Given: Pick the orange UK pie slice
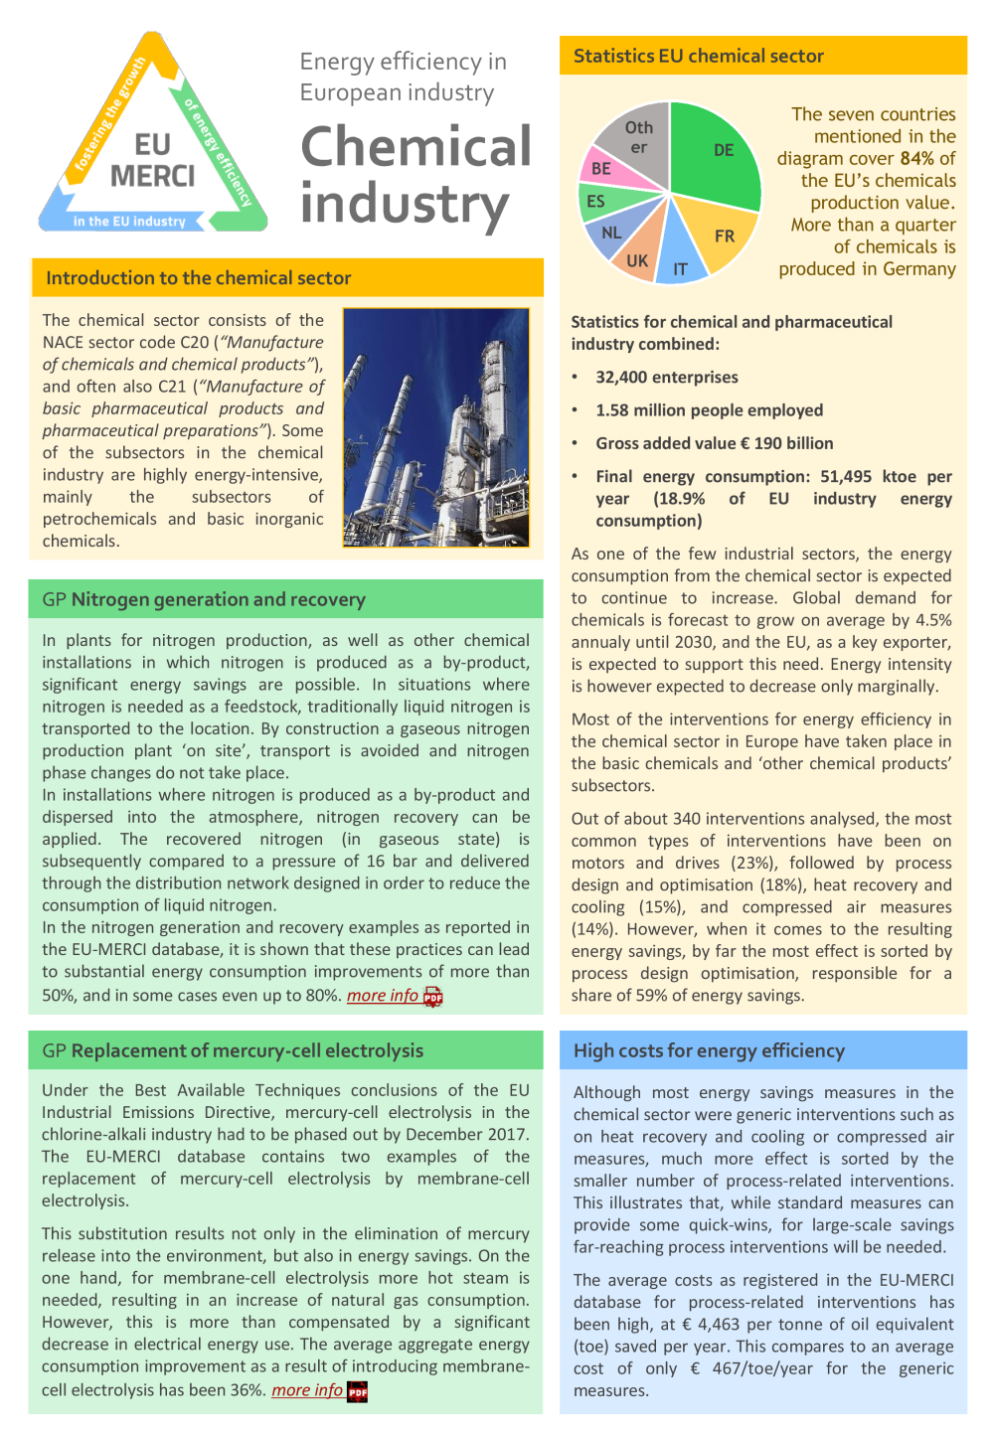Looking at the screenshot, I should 639,255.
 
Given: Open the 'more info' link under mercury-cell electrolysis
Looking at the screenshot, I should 307,1389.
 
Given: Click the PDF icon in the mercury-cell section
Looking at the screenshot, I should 358,1391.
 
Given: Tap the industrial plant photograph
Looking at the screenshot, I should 436,427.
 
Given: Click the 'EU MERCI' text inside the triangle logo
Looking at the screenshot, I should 152,161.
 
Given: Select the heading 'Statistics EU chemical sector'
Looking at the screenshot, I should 699,56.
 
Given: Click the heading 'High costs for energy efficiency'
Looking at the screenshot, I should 709,1050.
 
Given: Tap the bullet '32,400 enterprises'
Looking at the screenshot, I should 667,377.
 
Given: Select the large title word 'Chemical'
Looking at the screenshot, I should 416,146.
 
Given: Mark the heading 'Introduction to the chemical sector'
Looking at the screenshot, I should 199,277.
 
